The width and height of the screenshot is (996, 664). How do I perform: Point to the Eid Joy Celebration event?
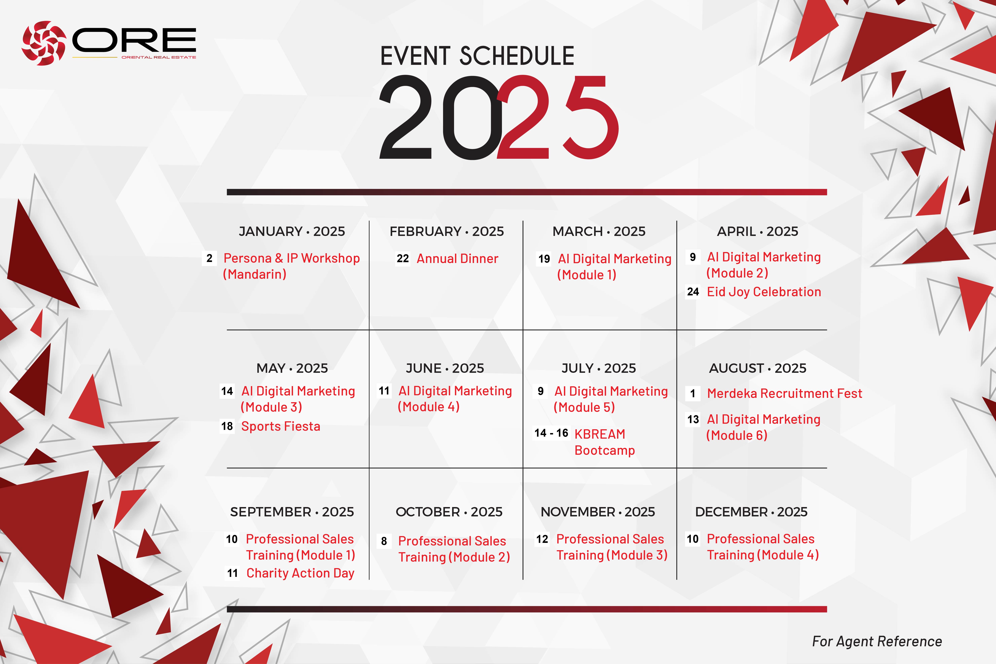(x=764, y=292)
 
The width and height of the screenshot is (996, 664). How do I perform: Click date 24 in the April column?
(x=693, y=292)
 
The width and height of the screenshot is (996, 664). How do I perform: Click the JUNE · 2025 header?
(x=445, y=368)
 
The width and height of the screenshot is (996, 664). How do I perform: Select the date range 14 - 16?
(x=551, y=433)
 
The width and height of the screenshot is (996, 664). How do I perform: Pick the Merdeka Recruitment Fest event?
(x=784, y=393)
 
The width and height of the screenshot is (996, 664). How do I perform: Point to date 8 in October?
(x=384, y=541)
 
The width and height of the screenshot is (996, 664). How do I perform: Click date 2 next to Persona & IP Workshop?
(x=209, y=258)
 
